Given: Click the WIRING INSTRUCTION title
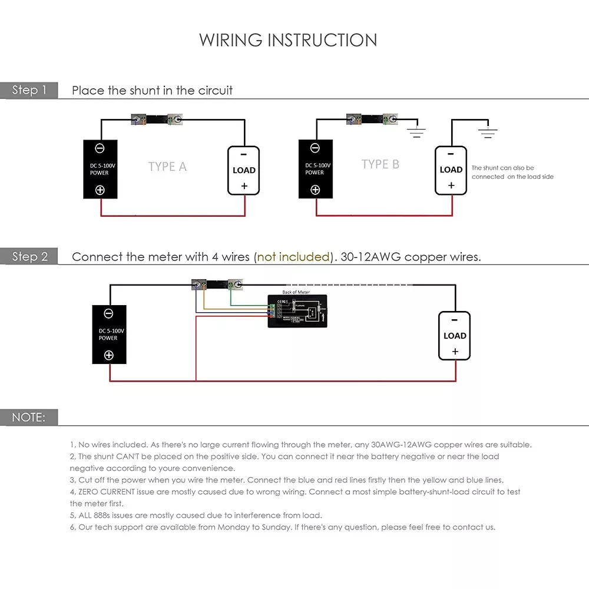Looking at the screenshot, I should point(288,40).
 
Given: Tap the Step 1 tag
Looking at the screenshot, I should point(29,90).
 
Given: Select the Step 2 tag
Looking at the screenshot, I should point(29,257).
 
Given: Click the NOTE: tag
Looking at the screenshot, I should point(28,417).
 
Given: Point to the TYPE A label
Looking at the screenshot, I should point(167,167).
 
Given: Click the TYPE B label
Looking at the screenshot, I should point(380,164).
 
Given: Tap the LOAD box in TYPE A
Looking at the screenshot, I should point(244,170).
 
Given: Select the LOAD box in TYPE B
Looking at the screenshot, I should point(451,170).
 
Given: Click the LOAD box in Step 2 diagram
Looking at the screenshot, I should point(454,336).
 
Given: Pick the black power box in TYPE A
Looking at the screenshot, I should point(100,168).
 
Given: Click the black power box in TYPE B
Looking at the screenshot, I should point(315,168).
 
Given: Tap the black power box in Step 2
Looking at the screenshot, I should point(109,335).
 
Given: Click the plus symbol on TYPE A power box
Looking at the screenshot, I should point(100,190).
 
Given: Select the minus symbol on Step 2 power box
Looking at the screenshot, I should point(108,313).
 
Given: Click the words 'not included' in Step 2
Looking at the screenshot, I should point(293,257).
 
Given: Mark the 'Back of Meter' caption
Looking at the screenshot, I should point(296,292).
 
